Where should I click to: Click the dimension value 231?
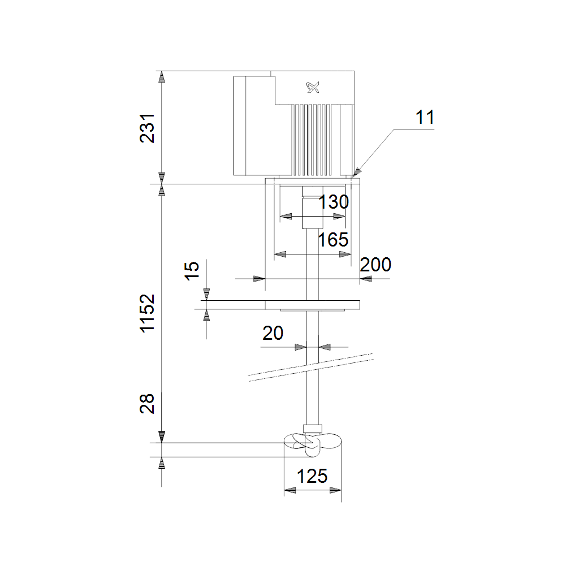point(147,128)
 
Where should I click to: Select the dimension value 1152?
point(147,313)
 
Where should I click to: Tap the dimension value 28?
point(147,403)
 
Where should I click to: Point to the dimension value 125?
point(312,476)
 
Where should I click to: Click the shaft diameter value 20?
point(273,333)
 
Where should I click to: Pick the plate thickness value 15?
point(191,271)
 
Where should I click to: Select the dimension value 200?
point(375,265)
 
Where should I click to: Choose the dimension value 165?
point(333,240)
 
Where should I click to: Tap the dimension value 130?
point(334,202)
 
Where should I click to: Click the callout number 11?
point(425,118)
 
